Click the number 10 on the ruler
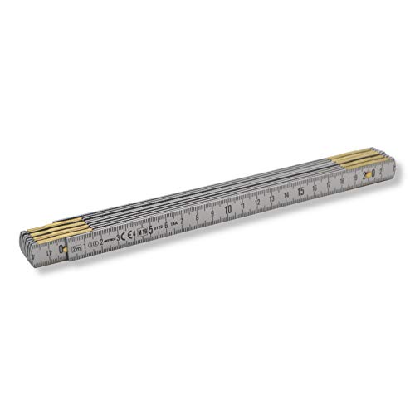point(227,208)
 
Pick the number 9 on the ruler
point(212,212)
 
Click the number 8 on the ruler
point(198,217)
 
